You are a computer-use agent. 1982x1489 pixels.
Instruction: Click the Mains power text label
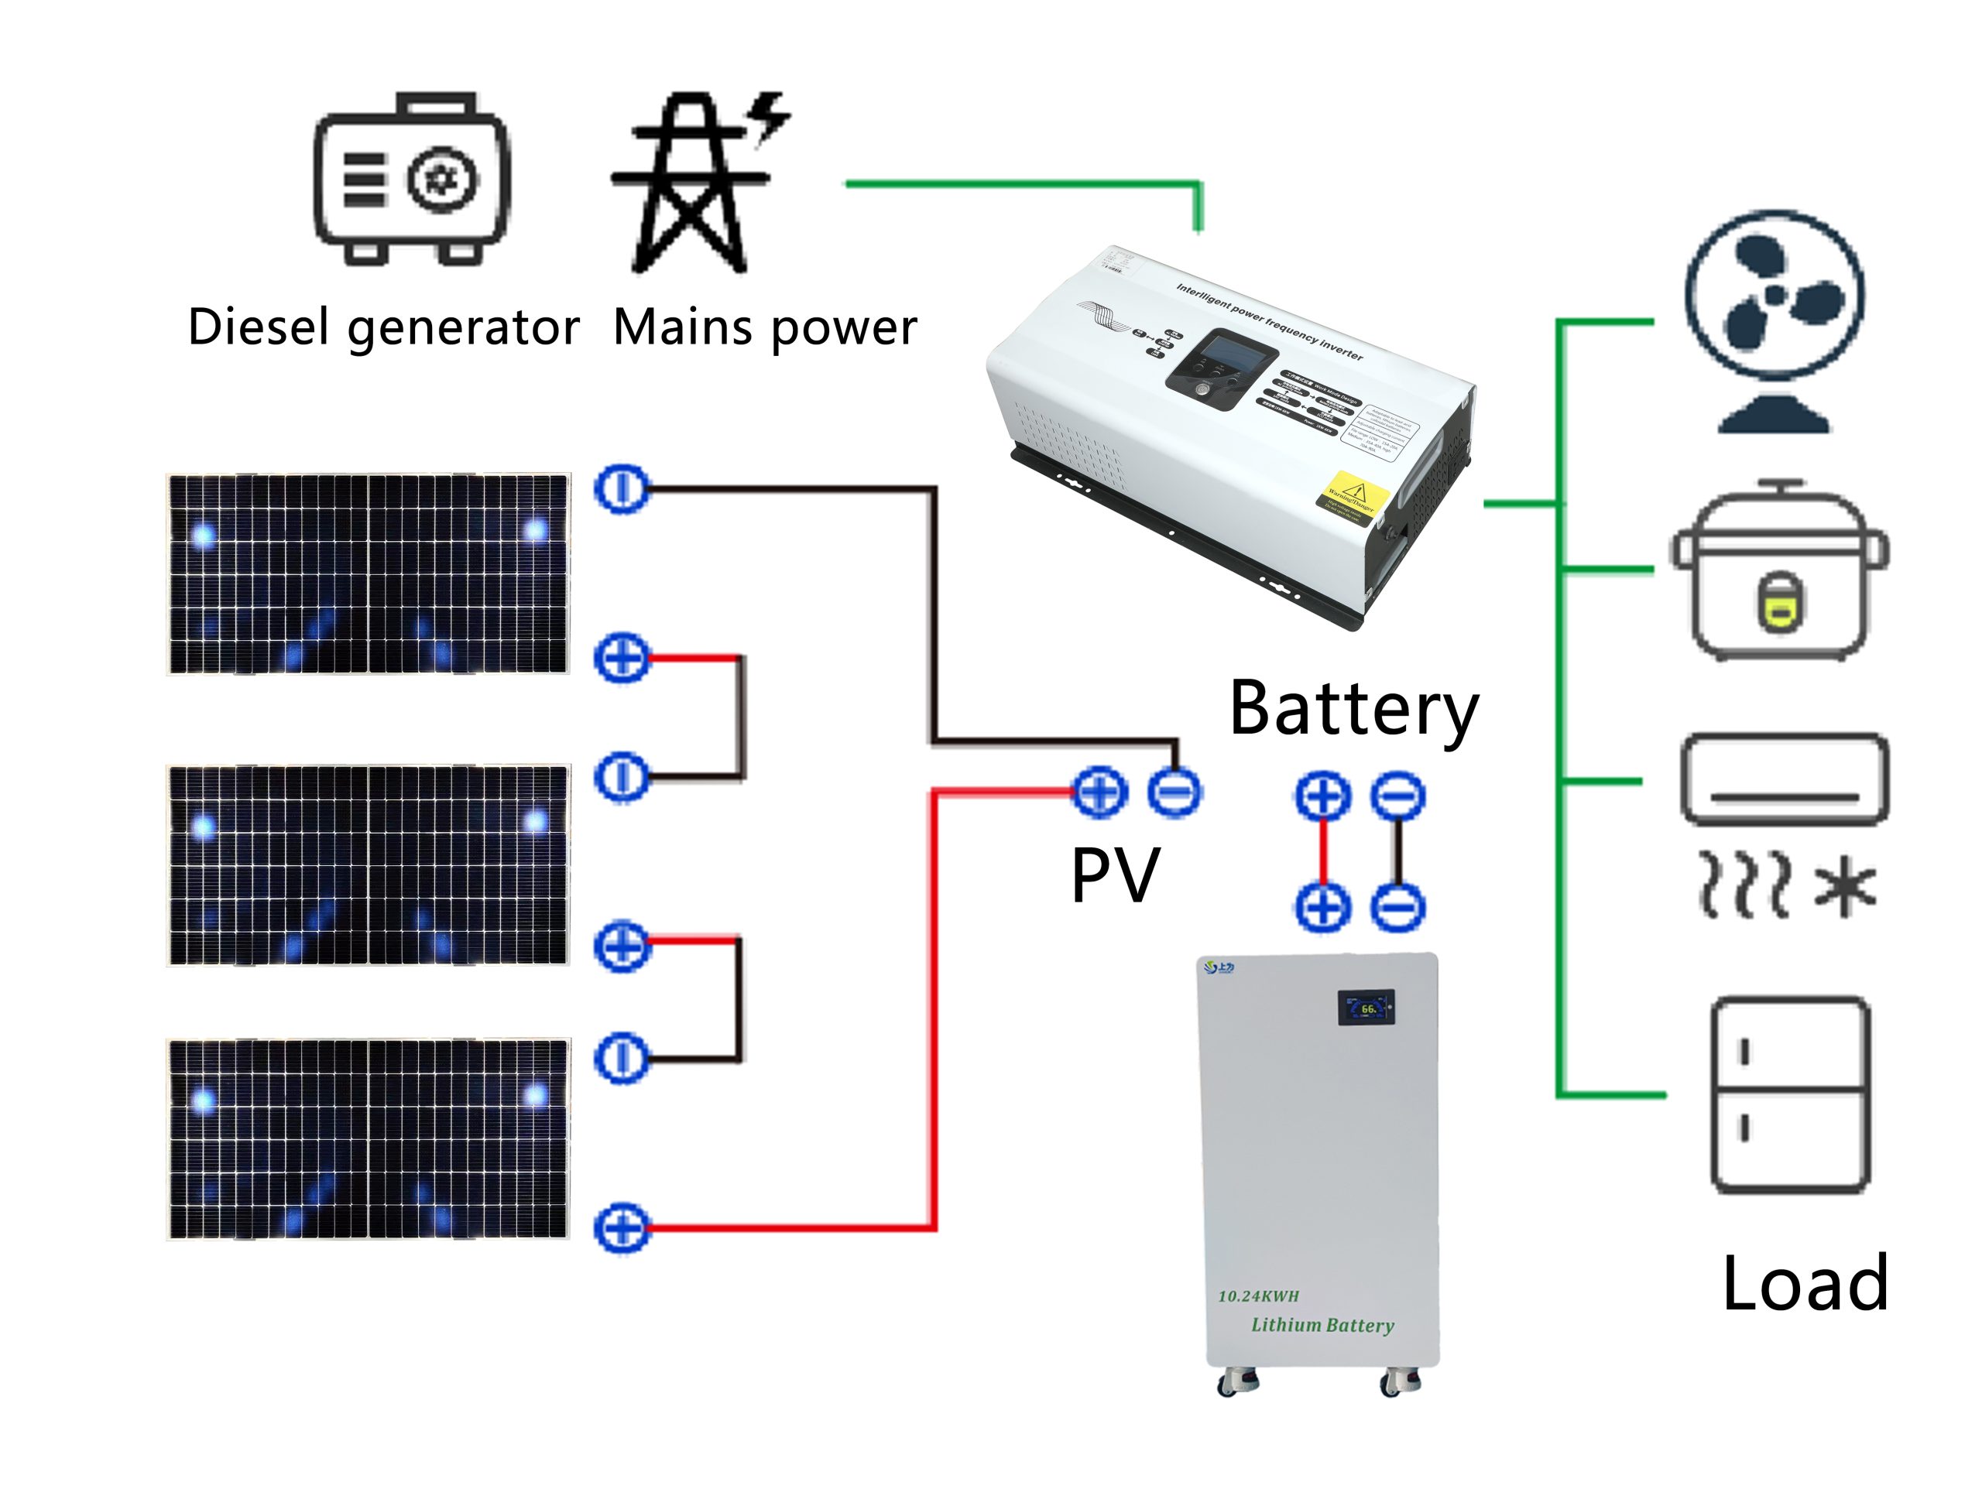tap(764, 327)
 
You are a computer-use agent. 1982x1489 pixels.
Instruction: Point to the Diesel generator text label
tap(383, 327)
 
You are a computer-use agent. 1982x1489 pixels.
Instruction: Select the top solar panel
tap(369, 573)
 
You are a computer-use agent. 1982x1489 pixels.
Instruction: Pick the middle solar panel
tap(369, 864)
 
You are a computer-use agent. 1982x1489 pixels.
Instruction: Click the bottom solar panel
tap(369, 1138)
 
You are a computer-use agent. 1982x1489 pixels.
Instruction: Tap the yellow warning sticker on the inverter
tap(1353, 497)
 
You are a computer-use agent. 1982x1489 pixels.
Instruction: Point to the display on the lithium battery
tap(1366, 1007)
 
